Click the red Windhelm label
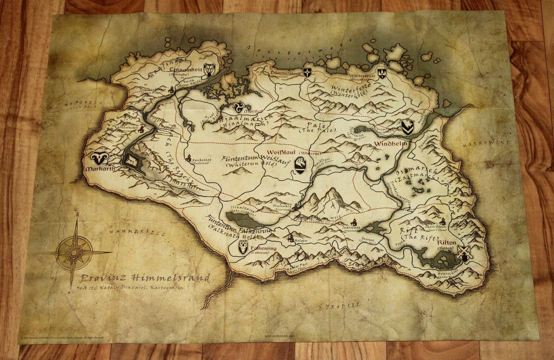click(391, 144)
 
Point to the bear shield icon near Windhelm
click(407, 127)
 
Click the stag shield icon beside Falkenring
click(243, 247)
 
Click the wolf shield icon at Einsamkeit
click(210, 70)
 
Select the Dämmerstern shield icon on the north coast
click(307, 72)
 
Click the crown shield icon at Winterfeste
click(382, 73)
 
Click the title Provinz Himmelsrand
click(145, 278)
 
